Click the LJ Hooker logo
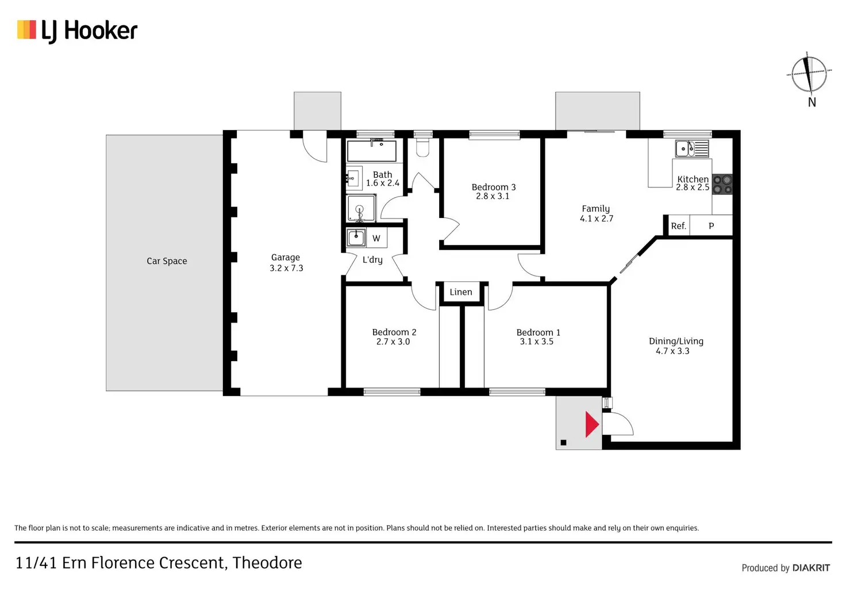point(78,30)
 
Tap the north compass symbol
point(809,74)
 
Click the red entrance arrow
point(591,424)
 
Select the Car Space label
point(167,261)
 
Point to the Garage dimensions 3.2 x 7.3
point(286,268)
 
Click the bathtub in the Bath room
point(371,151)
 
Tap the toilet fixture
point(422,148)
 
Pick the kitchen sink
point(691,148)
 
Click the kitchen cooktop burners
point(722,185)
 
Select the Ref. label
point(678,226)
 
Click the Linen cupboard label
point(461,292)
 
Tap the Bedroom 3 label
point(494,187)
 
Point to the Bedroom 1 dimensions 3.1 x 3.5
point(537,342)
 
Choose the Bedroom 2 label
point(394,332)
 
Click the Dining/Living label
point(676,341)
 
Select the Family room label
point(595,209)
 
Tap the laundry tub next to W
point(356,237)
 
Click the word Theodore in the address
point(267,562)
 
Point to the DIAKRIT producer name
point(811,568)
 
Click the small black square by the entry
point(563,443)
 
